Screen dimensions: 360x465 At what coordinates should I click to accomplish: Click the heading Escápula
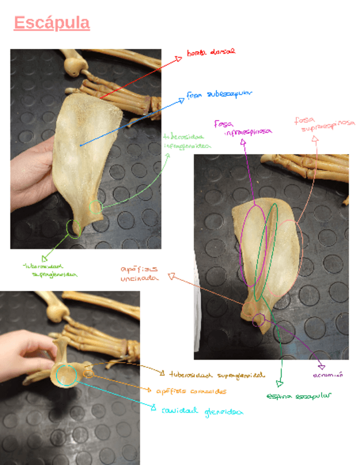coord(52,24)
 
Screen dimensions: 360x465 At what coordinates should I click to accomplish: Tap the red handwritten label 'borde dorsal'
coord(210,52)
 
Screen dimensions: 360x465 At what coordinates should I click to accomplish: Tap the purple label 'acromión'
coord(328,376)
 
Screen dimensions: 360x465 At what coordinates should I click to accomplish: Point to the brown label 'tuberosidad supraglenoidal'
coord(216,376)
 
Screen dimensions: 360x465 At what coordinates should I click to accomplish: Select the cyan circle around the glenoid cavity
coord(65,375)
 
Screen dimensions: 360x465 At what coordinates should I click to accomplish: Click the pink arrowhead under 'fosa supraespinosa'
coord(315,140)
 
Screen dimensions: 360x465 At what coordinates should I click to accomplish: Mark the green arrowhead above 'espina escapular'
coord(279,383)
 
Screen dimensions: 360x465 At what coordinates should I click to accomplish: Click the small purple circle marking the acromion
coord(258,320)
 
